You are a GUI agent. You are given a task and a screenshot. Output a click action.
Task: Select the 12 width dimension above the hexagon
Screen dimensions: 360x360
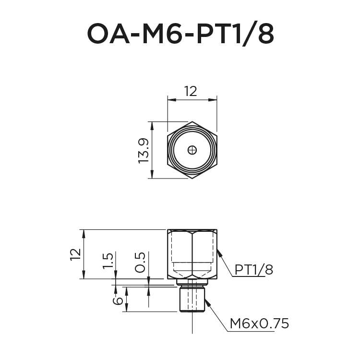coord(191,91)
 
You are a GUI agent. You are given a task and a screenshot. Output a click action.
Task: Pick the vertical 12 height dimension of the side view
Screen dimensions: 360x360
coord(75,254)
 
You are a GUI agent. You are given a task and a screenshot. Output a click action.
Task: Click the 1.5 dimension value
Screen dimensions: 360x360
coord(108,263)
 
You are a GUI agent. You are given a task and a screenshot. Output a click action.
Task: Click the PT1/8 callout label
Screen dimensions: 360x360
coord(253,270)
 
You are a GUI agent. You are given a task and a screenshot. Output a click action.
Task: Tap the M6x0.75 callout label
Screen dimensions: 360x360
coord(259,324)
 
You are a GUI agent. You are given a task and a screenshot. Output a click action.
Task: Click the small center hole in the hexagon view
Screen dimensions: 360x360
coord(192,150)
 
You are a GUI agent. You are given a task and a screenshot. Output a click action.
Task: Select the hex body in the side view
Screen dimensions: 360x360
coord(192,253)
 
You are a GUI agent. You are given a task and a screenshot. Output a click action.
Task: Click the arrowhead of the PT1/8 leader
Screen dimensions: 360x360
coord(218,252)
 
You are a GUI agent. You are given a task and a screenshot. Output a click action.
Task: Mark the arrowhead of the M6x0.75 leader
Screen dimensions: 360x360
coord(207,301)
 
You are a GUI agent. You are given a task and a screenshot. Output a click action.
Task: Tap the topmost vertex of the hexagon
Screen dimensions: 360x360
coord(192,121)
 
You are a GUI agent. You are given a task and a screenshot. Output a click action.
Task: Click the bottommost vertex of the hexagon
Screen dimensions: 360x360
coord(192,179)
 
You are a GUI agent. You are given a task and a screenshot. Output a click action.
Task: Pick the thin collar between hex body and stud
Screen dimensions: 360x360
coord(192,282)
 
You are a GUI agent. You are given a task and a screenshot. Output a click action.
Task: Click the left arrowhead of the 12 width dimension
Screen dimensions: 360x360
coord(169,99)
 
